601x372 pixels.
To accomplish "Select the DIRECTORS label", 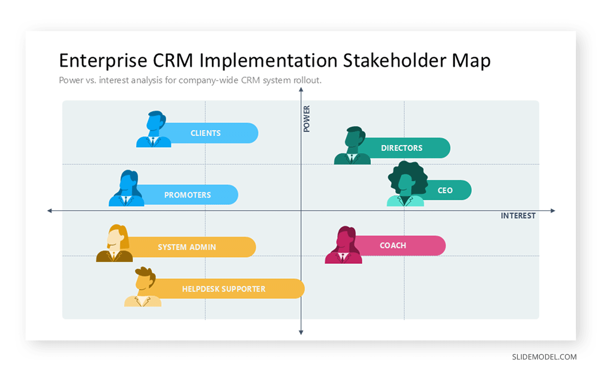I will tap(402, 148).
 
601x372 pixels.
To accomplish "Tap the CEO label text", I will tap(445, 190).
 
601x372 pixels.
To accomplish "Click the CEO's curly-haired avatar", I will tap(406, 185).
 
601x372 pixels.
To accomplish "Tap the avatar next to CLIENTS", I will tap(154, 130).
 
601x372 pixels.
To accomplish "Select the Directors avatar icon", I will tap(353, 146).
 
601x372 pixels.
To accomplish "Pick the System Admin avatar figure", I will tap(115, 244).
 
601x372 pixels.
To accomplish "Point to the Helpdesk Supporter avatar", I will tap(144, 287).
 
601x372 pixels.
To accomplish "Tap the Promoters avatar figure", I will tap(127, 189).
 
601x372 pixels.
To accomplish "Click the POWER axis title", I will tap(307, 119).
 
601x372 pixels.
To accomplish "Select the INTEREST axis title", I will tap(518, 216).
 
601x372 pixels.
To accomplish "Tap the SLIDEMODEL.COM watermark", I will tap(544, 357).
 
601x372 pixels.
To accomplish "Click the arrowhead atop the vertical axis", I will tap(301, 90).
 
